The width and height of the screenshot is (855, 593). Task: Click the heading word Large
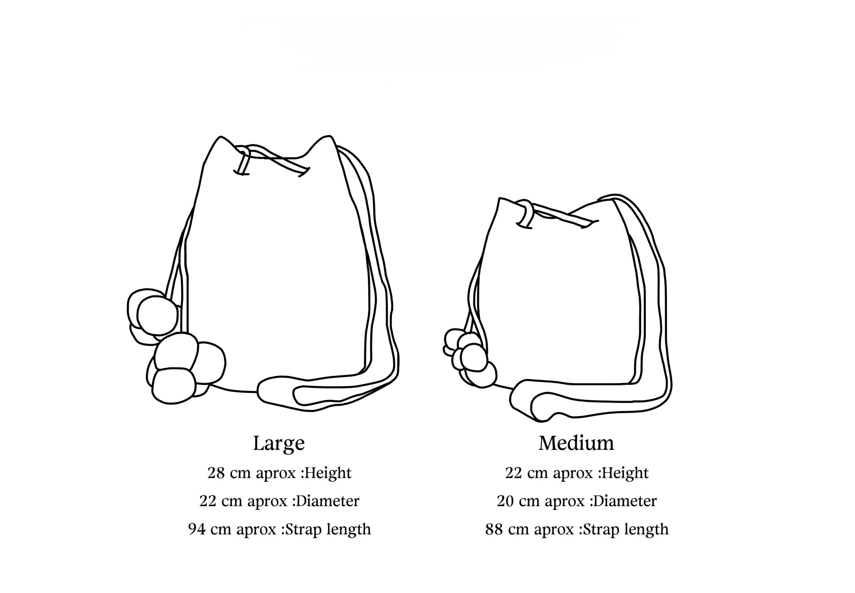click(x=279, y=443)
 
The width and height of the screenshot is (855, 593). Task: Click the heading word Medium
click(x=576, y=443)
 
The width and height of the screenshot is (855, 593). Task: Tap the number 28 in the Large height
click(x=215, y=473)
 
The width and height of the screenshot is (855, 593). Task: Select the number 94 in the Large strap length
click(x=196, y=529)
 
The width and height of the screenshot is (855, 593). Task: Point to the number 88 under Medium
click(x=494, y=529)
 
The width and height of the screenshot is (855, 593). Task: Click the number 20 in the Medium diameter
click(x=505, y=501)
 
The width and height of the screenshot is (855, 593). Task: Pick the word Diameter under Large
click(x=328, y=501)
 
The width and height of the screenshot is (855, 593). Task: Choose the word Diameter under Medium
click(x=625, y=501)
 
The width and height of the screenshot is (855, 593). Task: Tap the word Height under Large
click(x=328, y=473)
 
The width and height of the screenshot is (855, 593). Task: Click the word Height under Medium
click(x=626, y=473)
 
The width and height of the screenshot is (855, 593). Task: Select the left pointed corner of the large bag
click(x=221, y=137)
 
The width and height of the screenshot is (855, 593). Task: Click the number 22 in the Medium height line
click(x=513, y=473)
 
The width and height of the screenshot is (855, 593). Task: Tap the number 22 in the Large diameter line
click(x=207, y=501)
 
